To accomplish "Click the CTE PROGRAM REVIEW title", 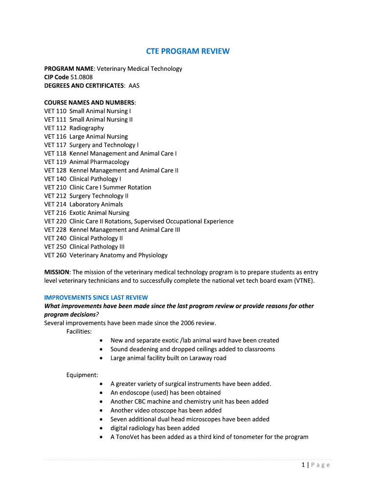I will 188,51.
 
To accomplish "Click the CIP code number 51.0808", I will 82,77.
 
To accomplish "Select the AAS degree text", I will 134,85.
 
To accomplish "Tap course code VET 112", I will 55,128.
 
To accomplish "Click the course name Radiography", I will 86,128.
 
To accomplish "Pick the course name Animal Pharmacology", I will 99,162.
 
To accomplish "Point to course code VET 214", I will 55,204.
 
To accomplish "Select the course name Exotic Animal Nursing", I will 99,213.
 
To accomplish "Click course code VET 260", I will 55,255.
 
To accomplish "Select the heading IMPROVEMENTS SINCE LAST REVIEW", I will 96,297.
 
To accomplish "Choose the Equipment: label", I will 82,375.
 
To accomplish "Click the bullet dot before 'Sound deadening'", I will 101,350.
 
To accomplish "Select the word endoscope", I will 134,393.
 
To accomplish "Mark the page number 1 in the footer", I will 303,465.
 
